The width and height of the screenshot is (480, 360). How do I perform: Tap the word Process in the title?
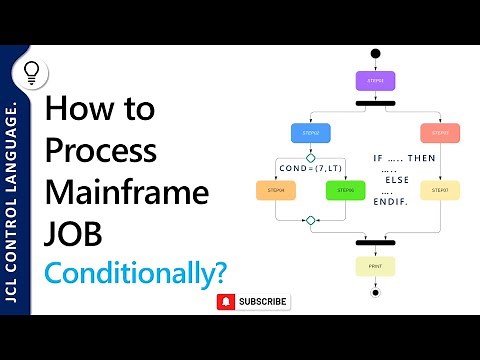click(101, 151)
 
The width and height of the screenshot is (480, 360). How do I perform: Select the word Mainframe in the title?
click(126, 191)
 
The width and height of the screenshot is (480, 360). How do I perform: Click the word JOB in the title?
click(74, 231)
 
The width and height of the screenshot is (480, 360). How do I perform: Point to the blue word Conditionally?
click(134, 272)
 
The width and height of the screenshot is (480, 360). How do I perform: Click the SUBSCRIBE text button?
click(263, 301)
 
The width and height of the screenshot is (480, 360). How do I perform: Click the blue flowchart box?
click(310, 132)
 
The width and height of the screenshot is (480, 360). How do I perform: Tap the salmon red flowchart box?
click(440, 132)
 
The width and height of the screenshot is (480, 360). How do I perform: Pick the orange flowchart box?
click(276, 188)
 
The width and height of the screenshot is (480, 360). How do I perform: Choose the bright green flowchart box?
click(346, 188)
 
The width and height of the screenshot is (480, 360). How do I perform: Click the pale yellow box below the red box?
click(440, 188)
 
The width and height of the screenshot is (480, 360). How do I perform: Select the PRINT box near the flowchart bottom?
click(376, 266)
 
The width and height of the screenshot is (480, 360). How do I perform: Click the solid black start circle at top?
click(376, 53)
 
